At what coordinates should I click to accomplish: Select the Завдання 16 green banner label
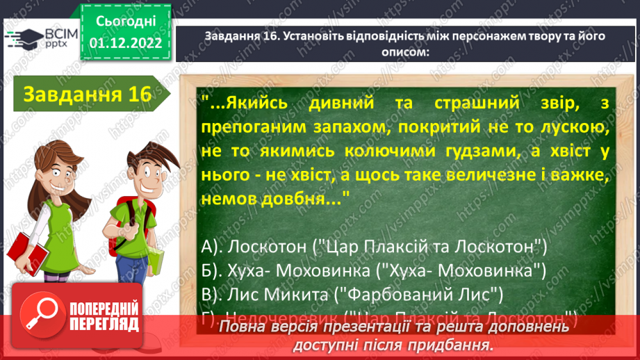[87, 95]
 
